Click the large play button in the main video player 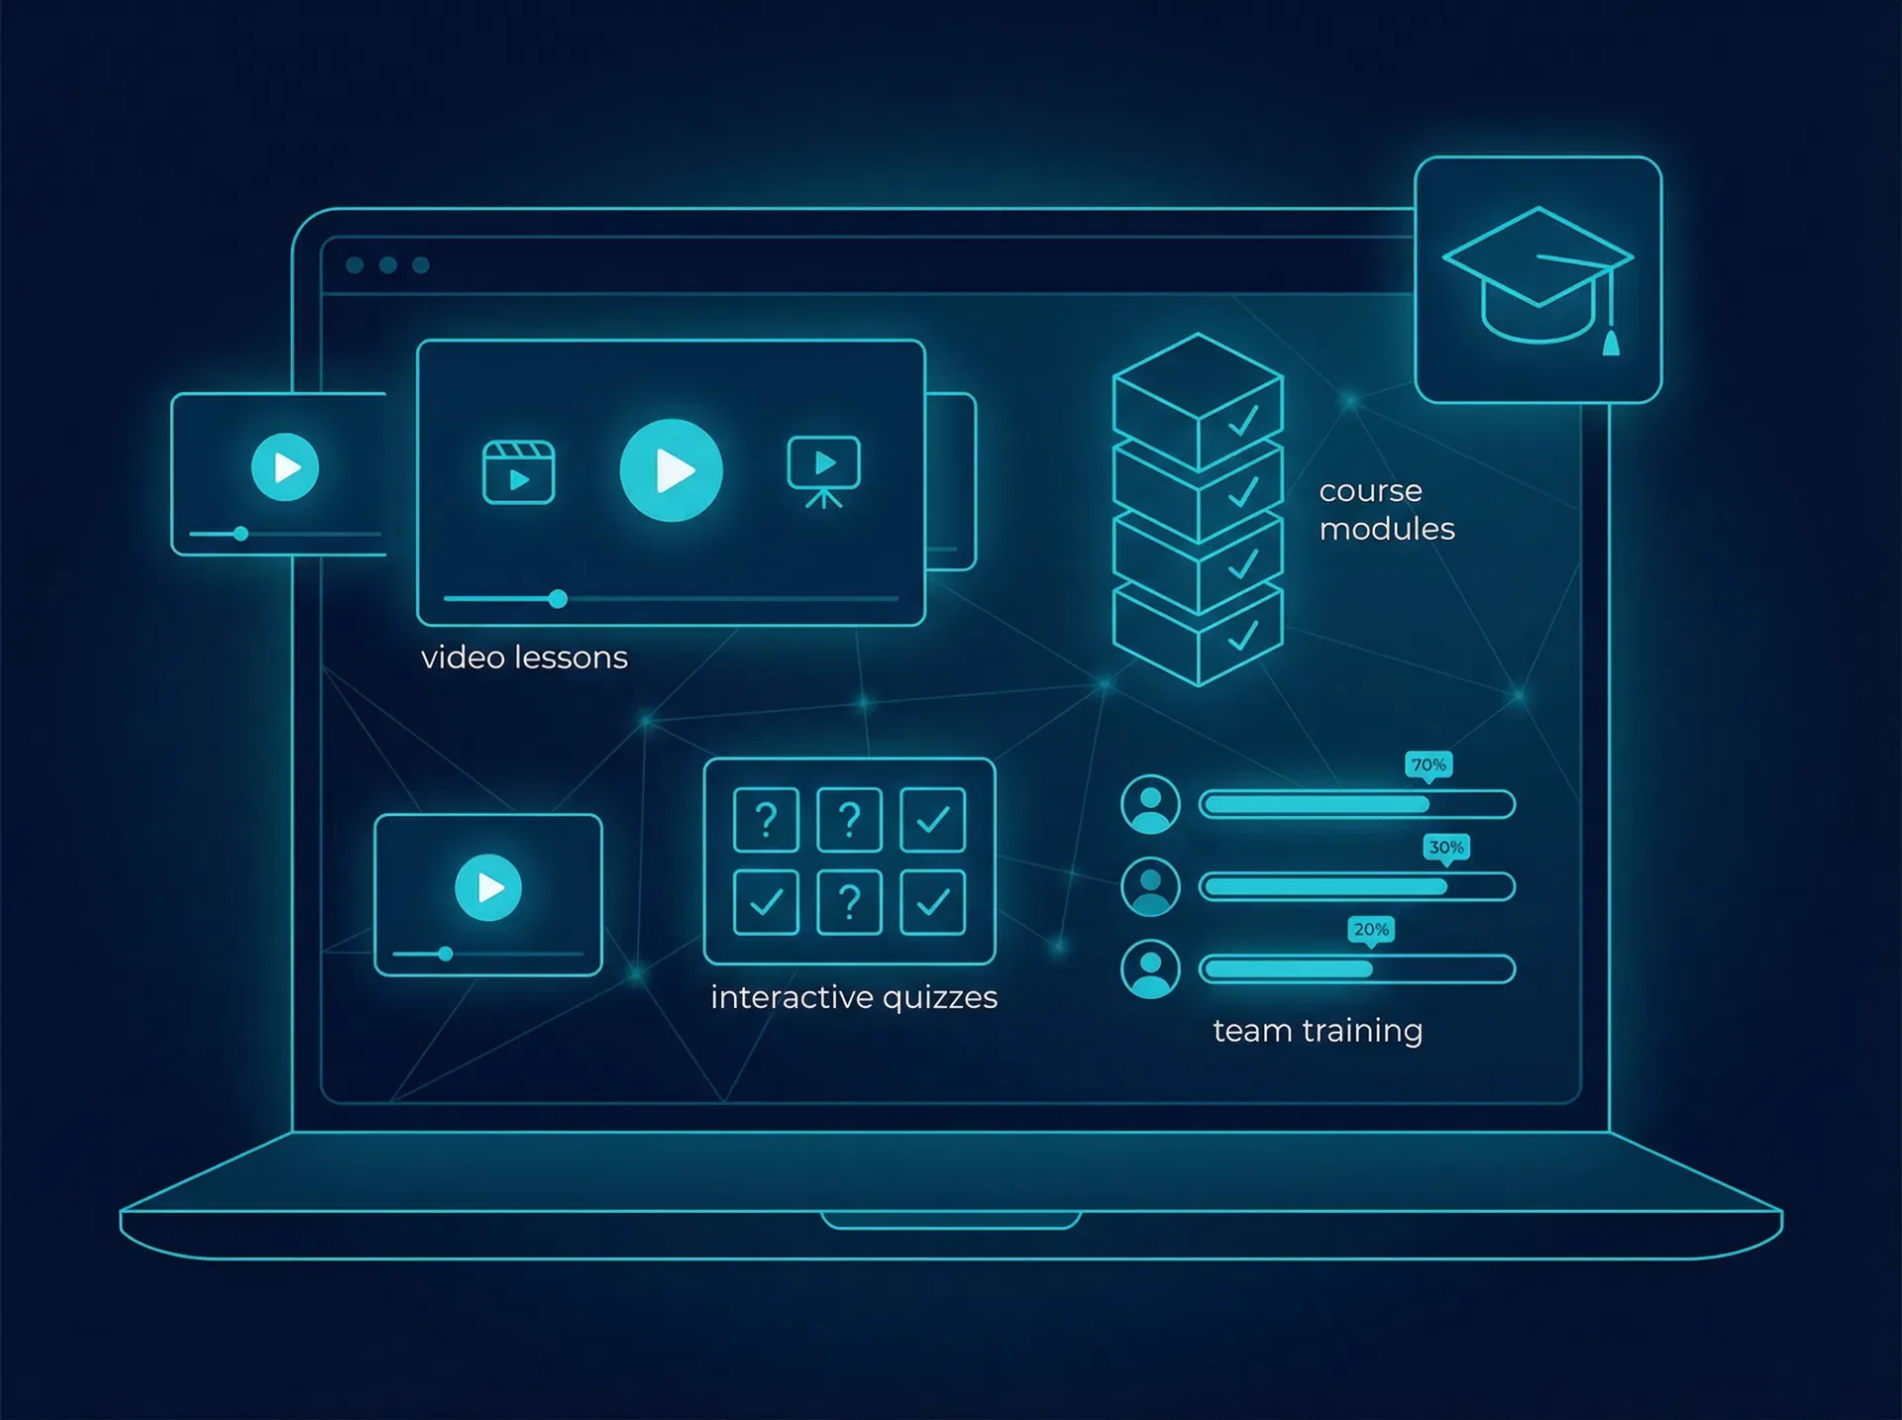pyautogui.click(x=671, y=470)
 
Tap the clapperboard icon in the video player pyautogui.click(x=518, y=472)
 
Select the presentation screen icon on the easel pyautogui.click(x=823, y=471)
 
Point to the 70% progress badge pyautogui.click(x=1428, y=765)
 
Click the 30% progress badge pyautogui.click(x=1446, y=848)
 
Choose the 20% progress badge pyautogui.click(x=1371, y=930)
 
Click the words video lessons pyautogui.click(x=524, y=658)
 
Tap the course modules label pyautogui.click(x=1387, y=510)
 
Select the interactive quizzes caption pyautogui.click(x=854, y=998)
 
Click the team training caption pyautogui.click(x=1318, y=1032)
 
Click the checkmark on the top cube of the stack pyautogui.click(x=1243, y=421)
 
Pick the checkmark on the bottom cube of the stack pyautogui.click(x=1243, y=636)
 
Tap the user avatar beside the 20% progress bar pyautogui.click(x=1150, y=968)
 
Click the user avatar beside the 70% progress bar pyautogui.click(x=1150, y=804)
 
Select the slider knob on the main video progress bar pyautogui.click(x=558, y=599)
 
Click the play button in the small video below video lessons pyautogui.click(x=488, y=888)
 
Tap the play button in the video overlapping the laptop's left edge pyautogui.click(x=285, y=467)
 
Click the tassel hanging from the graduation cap pyautogui.click(x=1611, y=343)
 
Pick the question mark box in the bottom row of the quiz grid pyautogui.click(x=849, y=902)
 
